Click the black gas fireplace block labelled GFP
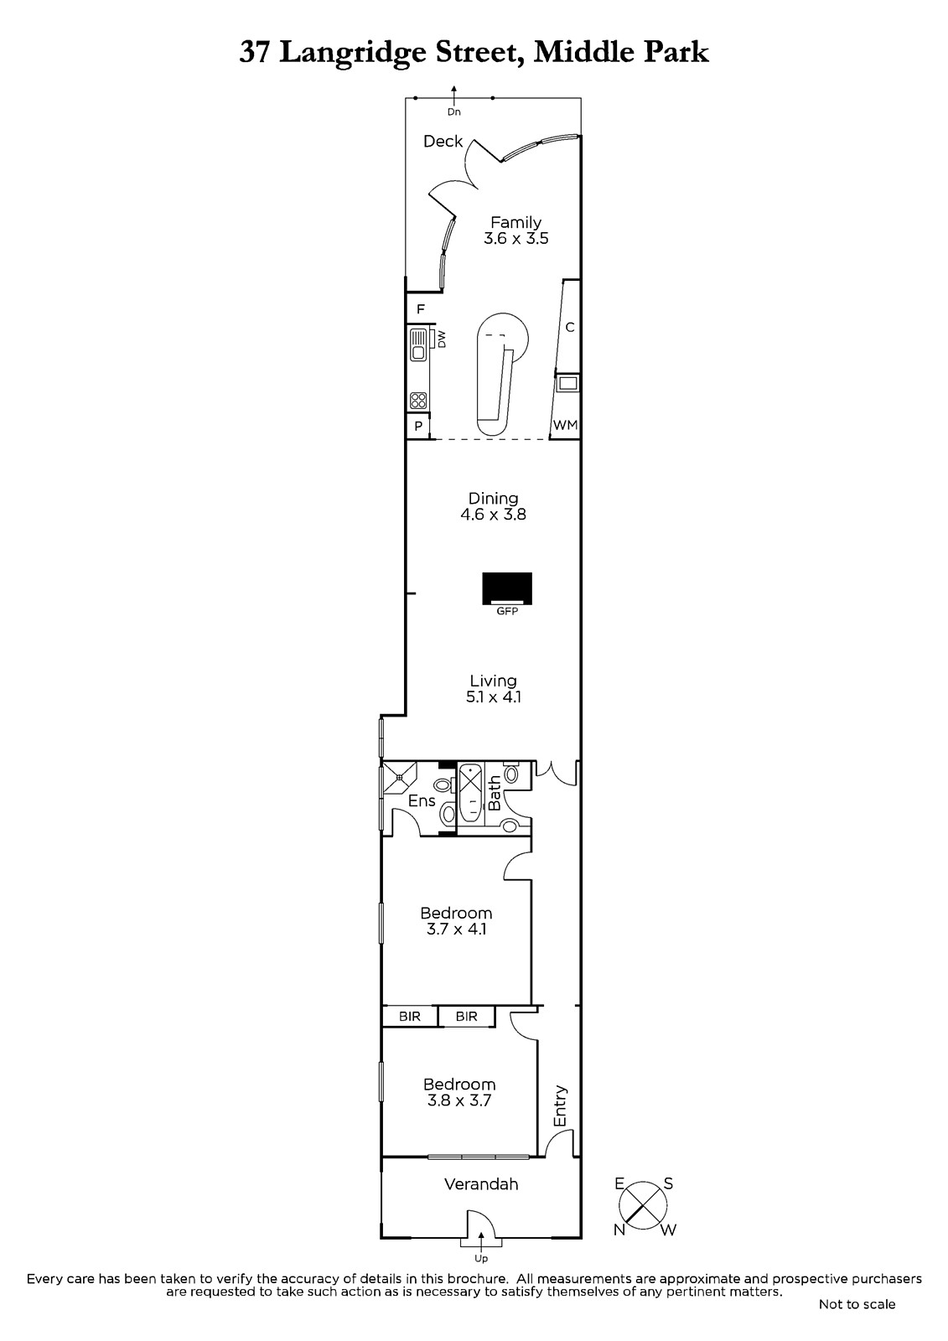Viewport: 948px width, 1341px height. (x=507, y=588)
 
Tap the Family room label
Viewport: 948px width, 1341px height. (x=515, y=223)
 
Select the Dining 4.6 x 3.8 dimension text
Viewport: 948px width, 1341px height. (x=494, y=515)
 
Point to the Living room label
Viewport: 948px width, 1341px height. (x=493, y=681)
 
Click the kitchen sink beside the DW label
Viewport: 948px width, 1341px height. (x=418, y=345)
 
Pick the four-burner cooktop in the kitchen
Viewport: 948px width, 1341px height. (x=418, y=400)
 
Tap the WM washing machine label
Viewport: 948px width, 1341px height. (x=565, y=425)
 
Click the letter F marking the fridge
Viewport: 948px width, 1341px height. (x=421, y=309)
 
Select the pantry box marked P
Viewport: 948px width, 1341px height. (x=418, y=427)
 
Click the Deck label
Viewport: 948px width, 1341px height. (x=443, y=142)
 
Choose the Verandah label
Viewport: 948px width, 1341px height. (x=481, y=1183)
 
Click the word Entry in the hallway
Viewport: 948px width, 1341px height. (x=560, y=1106)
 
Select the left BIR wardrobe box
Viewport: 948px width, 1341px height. (x=410, y=1016)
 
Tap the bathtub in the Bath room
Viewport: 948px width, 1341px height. (x=471, y=795)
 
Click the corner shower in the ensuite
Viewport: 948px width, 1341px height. (x=399, y=778)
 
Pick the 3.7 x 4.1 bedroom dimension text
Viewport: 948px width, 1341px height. (x=456, y=929)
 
